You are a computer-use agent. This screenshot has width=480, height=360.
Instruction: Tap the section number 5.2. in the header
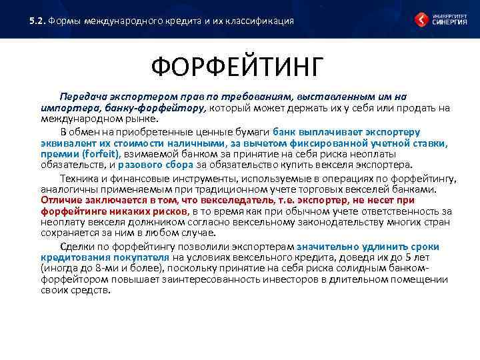37,21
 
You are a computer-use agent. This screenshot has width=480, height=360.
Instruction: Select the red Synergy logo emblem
421,20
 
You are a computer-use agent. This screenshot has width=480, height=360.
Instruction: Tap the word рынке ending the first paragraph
142,119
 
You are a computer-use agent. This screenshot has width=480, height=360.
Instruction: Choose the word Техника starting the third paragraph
78,178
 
